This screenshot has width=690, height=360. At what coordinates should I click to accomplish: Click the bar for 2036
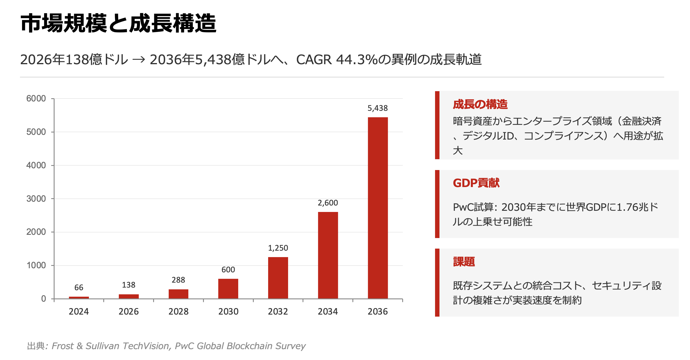pos(378,208)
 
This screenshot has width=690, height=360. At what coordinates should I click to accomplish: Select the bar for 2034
pos(328,255)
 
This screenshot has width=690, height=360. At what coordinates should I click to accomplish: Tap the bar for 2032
pos(278,278)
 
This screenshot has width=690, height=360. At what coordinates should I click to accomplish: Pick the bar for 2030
pos(228,288)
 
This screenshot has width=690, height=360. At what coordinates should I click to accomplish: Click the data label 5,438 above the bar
pos(378,108)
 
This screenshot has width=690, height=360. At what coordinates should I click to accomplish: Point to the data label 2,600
pos(328,203)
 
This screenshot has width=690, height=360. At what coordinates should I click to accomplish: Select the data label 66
pos(79,288)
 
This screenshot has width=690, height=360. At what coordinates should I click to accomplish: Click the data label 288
pos(178,280)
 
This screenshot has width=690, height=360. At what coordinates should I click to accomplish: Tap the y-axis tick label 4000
pos(36,165)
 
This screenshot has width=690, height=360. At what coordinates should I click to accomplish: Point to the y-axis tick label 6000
pos(36,99)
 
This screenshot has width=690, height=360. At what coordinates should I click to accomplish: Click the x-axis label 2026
pos(128,311)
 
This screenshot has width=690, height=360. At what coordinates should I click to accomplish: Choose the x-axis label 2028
pos(178,311)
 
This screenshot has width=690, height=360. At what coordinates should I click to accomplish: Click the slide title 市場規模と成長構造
pos(118,23)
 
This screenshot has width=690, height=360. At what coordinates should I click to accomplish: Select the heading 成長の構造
pos(480,104)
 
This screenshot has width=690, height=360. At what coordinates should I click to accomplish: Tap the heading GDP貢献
pos(476,183)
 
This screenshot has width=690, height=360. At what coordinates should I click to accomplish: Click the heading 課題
pos(464,261)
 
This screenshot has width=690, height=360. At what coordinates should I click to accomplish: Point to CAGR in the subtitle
pos(314,60)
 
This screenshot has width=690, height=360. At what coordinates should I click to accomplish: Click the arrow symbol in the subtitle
pos(139,60)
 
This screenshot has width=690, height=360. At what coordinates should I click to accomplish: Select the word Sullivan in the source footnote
pos(102,346)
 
